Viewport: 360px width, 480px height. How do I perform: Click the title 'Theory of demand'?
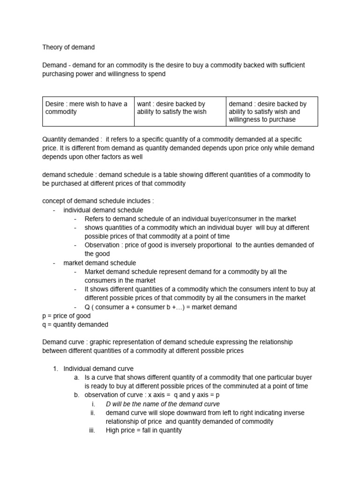(x=68, y=47)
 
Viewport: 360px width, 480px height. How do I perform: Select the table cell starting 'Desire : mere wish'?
(x=88, y=112)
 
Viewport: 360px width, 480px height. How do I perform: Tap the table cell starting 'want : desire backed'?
(x=180, y=112)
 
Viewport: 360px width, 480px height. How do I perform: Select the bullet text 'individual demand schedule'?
(x=103, y=210)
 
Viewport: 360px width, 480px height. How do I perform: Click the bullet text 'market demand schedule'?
(x=99, y=263)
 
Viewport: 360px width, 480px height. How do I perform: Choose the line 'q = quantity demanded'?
(x=75, y=324)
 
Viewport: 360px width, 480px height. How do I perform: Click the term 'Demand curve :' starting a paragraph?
(x=63, y=342)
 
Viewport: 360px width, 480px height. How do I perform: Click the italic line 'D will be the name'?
(x=162, y=404)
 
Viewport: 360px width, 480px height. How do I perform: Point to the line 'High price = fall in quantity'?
(x=143, y=430)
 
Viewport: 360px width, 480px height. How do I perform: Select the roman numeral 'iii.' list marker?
(x=92, y=430)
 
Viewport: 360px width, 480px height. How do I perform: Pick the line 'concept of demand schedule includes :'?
(x=98, y=201)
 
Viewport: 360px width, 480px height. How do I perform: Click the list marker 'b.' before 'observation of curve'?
(x=77, y=395)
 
